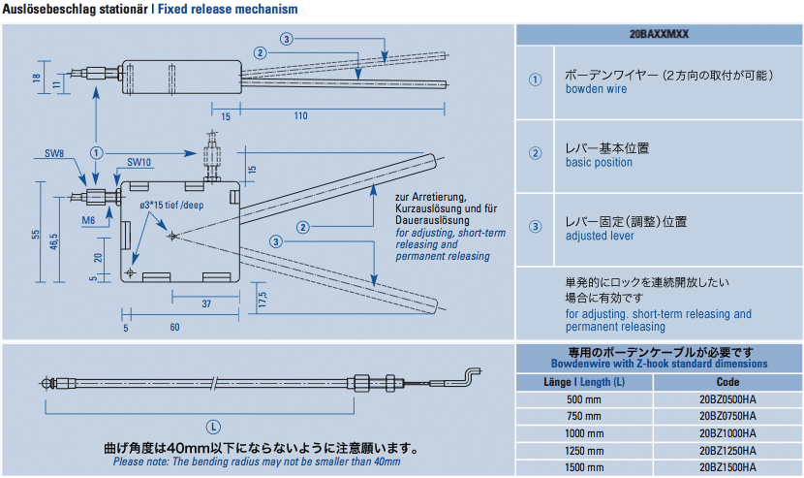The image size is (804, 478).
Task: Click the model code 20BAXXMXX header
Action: [659, 34]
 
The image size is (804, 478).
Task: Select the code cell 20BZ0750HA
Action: [727, 416]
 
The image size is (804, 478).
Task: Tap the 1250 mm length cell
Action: [584, 451]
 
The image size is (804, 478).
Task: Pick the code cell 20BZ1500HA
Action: [727, 467]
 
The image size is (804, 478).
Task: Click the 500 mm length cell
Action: [584, 399]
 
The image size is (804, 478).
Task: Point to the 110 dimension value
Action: [301, 116]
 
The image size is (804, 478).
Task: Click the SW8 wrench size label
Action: [54, 153]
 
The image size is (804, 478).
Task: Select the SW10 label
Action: [139, 162]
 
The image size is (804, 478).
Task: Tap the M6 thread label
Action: [88, 220]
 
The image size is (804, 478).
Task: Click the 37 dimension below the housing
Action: [206, 303]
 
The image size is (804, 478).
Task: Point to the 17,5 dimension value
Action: [263, 300]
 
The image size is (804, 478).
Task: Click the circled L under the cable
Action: [213, 428]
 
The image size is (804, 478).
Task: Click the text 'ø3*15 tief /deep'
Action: [171, 206]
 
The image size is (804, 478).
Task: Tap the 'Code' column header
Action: [727, 382]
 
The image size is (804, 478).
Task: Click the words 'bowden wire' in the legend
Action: [596, 89]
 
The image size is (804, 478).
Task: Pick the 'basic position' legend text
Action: [599, 162]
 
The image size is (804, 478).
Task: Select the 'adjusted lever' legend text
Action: [600, 236]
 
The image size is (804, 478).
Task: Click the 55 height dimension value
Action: [36, 234]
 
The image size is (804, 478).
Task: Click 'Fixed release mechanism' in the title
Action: [228, 10]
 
